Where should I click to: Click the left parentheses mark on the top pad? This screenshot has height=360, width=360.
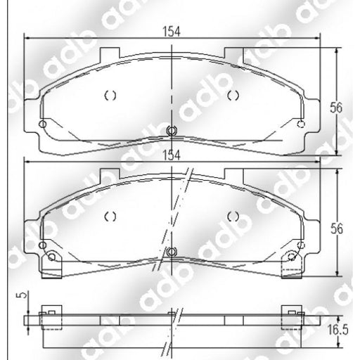click(x=109, y=95)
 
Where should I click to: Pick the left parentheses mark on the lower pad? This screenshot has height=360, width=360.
click(x=109, y=216)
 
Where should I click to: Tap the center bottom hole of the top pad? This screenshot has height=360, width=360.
click(x=172, y=129)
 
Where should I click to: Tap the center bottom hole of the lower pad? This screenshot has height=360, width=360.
click(x=172, y=251)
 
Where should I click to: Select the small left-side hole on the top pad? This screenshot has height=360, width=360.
click(x=42, y=125)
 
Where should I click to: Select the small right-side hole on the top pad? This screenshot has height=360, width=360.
click(x=302, y=125)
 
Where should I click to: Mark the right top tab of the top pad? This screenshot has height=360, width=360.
click(x=234, y=53)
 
